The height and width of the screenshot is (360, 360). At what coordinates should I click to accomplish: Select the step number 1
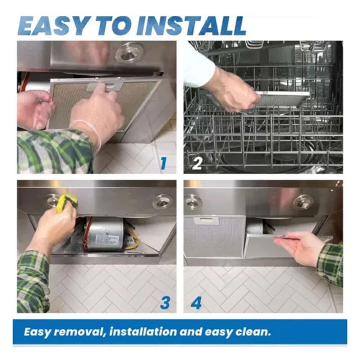pyautogui.click(x=164, y=163)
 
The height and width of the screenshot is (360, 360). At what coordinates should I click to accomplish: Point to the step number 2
pyautogui.click(x=197, y=163)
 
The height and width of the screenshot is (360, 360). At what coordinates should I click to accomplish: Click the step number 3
pyautogui.click(x=165, y=303)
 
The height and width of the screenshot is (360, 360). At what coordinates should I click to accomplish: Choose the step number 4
pyautogui.click(x=196, y=303)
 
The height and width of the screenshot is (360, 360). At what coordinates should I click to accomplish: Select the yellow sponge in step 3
pyautogui.click(x=66, y=201)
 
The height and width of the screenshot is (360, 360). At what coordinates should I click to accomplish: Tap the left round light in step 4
pyautogui.click(x=193, y=202)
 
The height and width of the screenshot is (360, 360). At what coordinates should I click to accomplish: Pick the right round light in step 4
pyautogui.click(x=303, y=202)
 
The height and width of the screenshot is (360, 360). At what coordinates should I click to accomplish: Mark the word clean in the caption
pyautogui.click(x=253, y=332)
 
